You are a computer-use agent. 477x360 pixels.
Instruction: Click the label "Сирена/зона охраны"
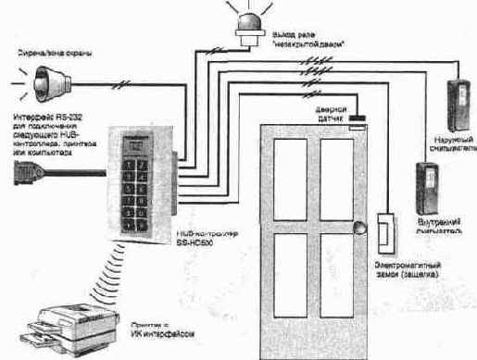(x=51, y=54)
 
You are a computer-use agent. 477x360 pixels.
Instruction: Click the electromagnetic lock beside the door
(x=386, y=232)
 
